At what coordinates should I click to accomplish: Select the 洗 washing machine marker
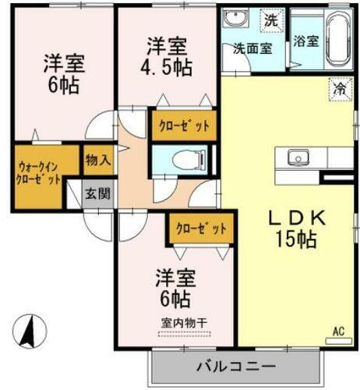tap(270, 21)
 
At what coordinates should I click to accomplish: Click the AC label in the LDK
tap(338, 331)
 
